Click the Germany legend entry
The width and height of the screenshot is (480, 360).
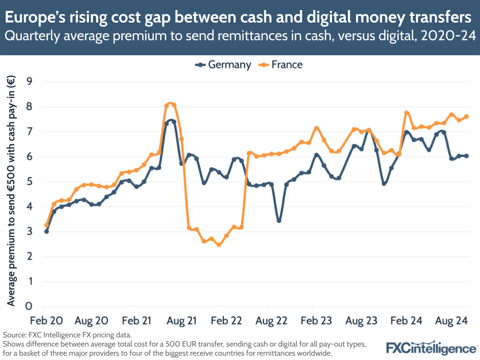coord(223,65)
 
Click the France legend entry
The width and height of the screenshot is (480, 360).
coord(281,65)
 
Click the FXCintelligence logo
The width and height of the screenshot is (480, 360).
coord(431,348)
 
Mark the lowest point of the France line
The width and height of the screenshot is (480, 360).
coord(219,245)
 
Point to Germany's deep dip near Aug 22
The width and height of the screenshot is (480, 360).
coord(279,221)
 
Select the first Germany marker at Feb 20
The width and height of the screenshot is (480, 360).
coord(47,231)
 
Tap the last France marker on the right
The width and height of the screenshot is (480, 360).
coord(466,116)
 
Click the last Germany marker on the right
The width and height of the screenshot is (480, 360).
coord(466,156)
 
